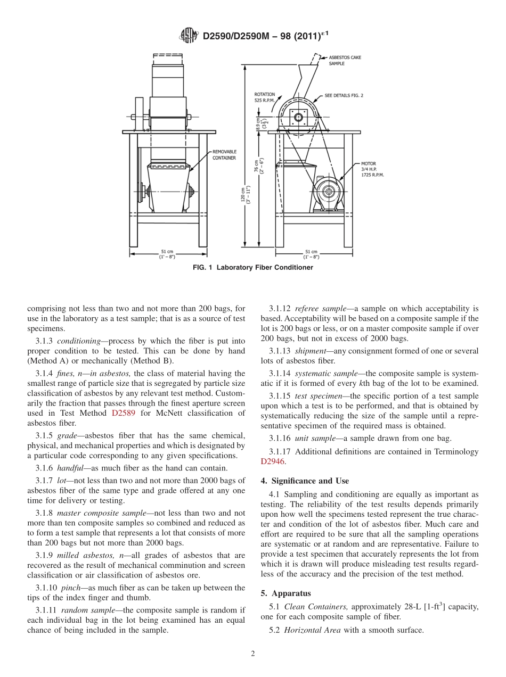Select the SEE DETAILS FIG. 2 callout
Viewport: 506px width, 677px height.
(x=351, y=96)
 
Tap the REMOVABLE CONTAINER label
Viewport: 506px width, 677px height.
(x=224, y=154)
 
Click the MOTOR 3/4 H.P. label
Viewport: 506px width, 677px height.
(x=372, y=169)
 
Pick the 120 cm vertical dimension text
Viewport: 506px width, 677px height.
(x=245, y=194)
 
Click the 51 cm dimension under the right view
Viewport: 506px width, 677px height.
(x=311, y=254)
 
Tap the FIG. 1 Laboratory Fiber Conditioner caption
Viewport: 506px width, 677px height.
(x=252, y=268)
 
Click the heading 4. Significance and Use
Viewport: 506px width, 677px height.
(x=305, y=481)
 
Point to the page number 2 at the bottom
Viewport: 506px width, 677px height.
(x=253, y=654)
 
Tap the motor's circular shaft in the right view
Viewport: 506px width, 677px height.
(x=327, y=192)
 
